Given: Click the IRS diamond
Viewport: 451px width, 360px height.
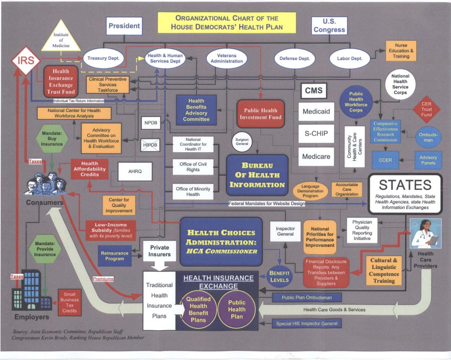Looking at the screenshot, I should coord(26,62).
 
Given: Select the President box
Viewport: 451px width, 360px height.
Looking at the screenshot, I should coord(124,26).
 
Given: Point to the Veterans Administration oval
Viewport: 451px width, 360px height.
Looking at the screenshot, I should coord(227,59).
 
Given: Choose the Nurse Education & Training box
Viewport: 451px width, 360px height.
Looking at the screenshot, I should coord(401,51).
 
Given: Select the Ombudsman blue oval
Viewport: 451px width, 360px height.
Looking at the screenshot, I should coord(428,137).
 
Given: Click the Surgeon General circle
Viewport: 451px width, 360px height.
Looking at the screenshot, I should coord(242,141).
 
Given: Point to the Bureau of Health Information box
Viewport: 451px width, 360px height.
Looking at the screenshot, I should coord(257,175).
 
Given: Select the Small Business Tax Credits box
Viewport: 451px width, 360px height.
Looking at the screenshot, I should coord(70,302).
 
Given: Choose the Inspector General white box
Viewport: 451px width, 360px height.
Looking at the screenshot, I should coord(285,231).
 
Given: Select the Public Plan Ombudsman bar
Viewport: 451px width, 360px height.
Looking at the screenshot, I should coord(307,298).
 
